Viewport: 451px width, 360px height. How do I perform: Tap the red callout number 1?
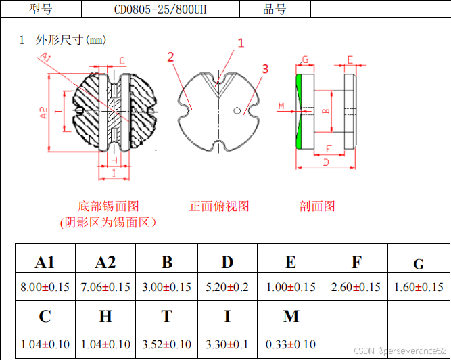[x=240, y=43]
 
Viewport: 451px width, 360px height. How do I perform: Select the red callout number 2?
[x=171, y=57]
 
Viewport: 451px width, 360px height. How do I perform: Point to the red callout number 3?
[x=265, y=68]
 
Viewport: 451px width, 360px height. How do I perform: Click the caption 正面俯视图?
[x=219, y=206]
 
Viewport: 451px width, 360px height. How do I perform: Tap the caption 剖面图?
[x=317, y=206]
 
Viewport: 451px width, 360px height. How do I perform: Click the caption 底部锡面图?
[x=108, y=206]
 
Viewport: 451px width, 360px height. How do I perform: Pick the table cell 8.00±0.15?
[x=45, y=287]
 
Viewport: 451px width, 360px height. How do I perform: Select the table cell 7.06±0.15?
[x=105, y=287]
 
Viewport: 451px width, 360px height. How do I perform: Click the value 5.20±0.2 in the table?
[x=227, y=287]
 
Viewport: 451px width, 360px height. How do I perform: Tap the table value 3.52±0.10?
[x=166, y=344]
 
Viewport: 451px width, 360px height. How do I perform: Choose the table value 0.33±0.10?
[x=291, y=344]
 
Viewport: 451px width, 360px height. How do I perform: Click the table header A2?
[x=105, y=263]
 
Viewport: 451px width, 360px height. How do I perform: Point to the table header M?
[x=291, y=317]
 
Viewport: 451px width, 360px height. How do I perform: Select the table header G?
[x=419, y=264]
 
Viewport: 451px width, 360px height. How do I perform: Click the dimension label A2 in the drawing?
[x=43, y=112]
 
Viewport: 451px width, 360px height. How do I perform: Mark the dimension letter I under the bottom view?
[x=114, y=174]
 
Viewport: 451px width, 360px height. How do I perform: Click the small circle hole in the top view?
[x=237, y=110]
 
